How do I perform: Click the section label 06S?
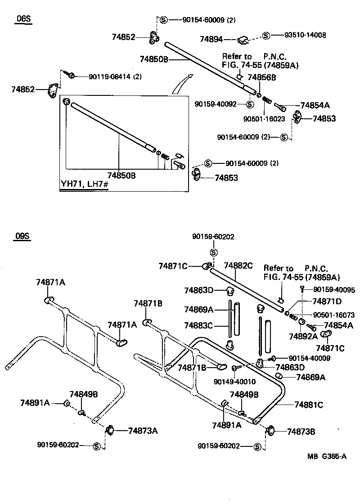(x=24, y=18)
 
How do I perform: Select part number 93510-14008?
(x=305, y=35)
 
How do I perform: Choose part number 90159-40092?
(x=216, y=104)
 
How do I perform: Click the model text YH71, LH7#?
(x=85, y=185)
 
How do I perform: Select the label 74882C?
(x=238, y=266)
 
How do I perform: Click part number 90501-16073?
(x=333, y=315)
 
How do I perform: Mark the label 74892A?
(x=303, y=336)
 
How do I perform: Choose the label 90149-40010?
(x=234, y=382)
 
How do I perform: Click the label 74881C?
(x=309, y=405)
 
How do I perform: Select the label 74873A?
(x=143, y=431)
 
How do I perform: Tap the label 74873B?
(x=301, y=432)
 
